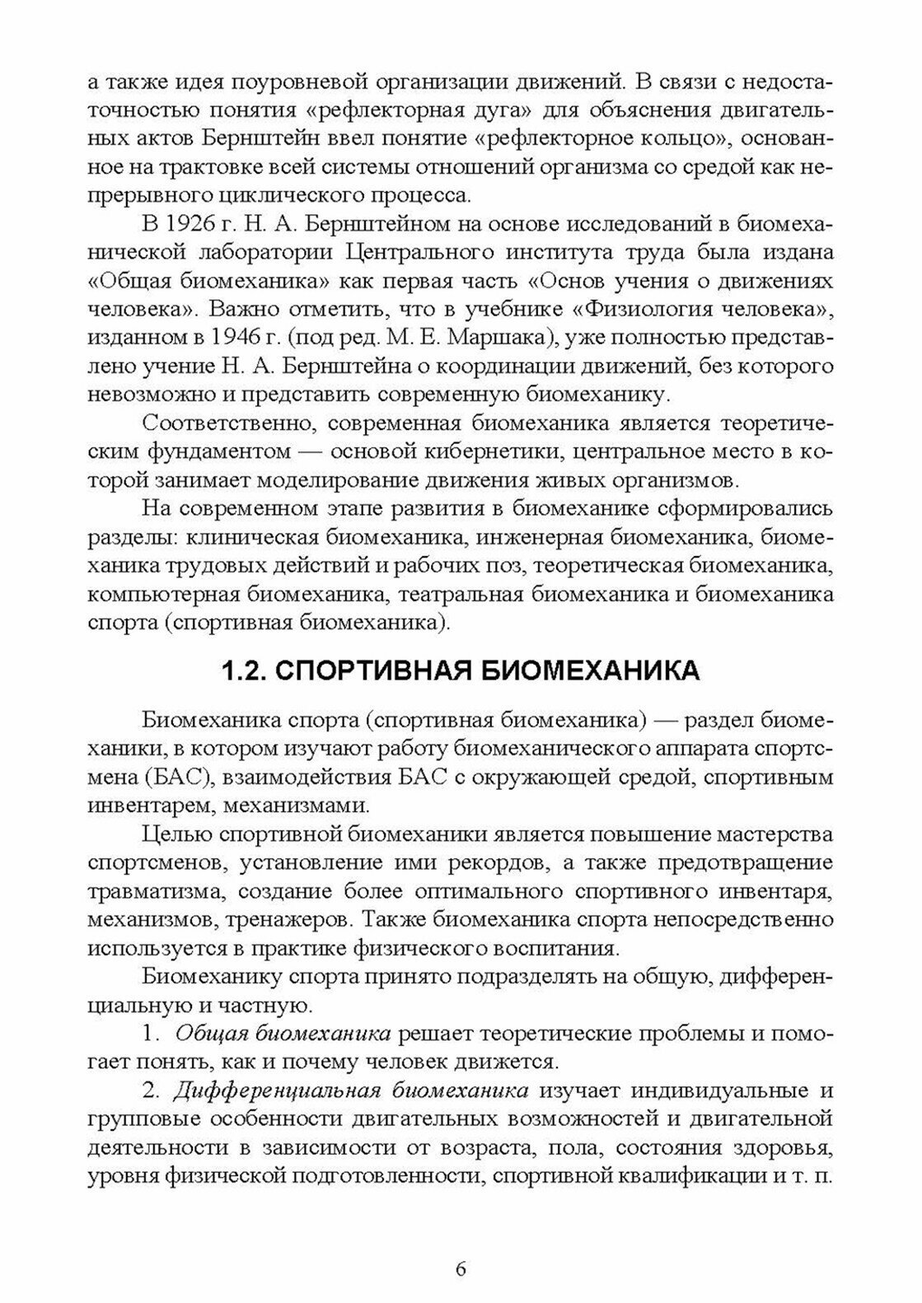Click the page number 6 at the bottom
click(461, 1268)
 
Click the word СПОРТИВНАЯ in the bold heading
click(369, 671)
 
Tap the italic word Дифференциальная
click(276, 1091)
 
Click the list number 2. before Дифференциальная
click(151, 1091)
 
